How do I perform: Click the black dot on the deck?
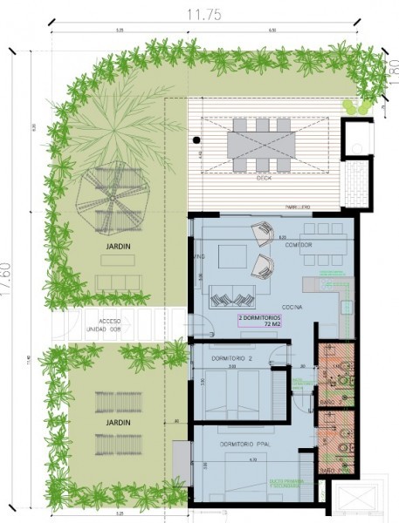[197, 139]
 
